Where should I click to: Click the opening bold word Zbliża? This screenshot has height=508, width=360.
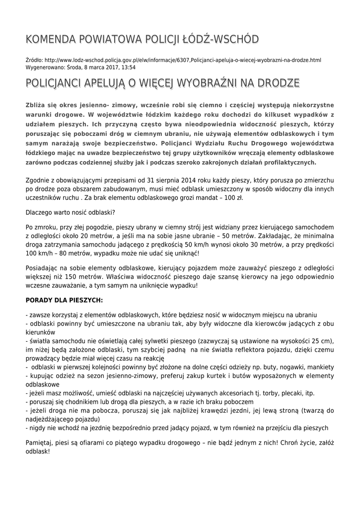click(36, 105)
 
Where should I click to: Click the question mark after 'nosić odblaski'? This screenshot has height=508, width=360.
click(114, 212)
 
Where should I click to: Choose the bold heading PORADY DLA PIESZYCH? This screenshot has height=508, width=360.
click(64, 300)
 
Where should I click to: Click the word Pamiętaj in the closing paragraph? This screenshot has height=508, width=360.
click(40, 442)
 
